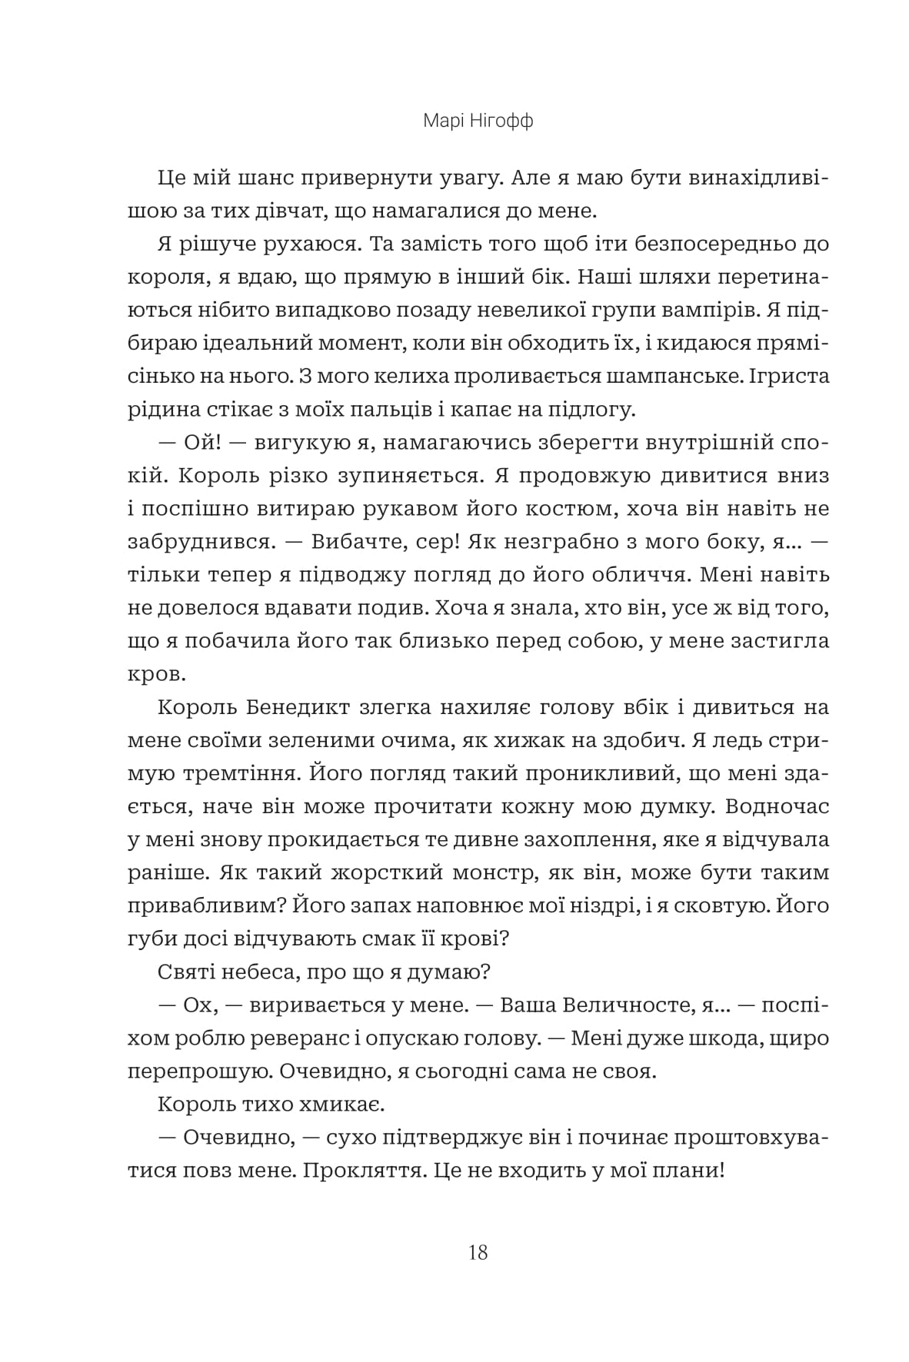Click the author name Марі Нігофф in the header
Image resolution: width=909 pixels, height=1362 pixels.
478,122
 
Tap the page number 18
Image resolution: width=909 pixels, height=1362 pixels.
477,1252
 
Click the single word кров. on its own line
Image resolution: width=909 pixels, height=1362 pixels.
156,675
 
